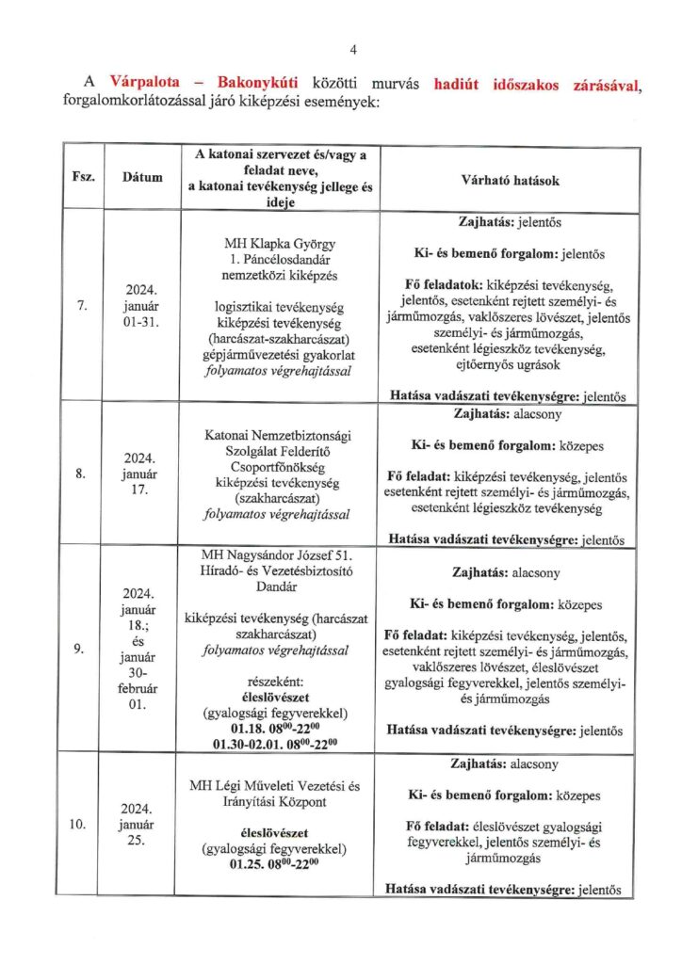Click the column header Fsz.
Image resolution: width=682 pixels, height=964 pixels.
pos(80,176)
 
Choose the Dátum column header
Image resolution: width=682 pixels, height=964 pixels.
pos(141,176)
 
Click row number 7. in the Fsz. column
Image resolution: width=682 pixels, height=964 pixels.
pos(81,305)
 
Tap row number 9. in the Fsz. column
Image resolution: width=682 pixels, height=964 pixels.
pos(81,649)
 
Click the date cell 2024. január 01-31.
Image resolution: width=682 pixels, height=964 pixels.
pos(141,305)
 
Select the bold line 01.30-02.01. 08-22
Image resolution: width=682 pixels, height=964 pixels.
pos(276,744)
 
